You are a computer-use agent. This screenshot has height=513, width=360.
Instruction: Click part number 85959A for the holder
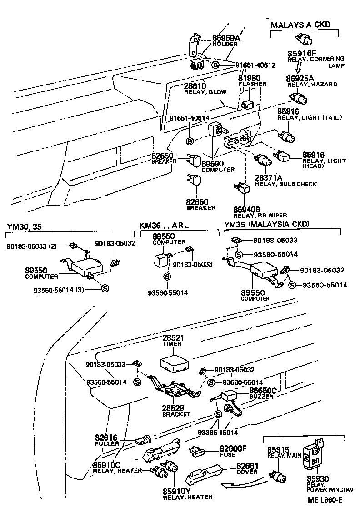(225, 38)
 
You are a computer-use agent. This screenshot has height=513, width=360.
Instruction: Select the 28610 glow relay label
(195, 85)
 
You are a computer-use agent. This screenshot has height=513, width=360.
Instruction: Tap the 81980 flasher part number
(249, 78)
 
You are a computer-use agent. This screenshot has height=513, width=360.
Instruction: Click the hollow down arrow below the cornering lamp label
(298, 68)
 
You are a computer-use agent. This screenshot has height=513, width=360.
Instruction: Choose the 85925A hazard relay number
(299, 78)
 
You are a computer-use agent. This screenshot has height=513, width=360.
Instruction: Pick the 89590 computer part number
(212, 164)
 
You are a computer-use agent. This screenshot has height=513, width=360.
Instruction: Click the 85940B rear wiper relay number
(246, 209)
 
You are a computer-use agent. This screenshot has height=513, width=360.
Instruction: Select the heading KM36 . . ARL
(164, 225)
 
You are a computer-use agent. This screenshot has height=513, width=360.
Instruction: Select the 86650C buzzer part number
(263, 390)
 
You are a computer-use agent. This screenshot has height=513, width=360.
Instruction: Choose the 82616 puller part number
(107, 437)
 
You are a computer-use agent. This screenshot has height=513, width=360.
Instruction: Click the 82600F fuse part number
(233, 448)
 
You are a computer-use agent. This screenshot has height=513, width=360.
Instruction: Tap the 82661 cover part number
(248, 465)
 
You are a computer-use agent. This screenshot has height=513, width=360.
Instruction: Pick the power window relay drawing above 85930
(314, 455)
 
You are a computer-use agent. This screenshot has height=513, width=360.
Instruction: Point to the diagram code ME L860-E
(325, 500)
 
